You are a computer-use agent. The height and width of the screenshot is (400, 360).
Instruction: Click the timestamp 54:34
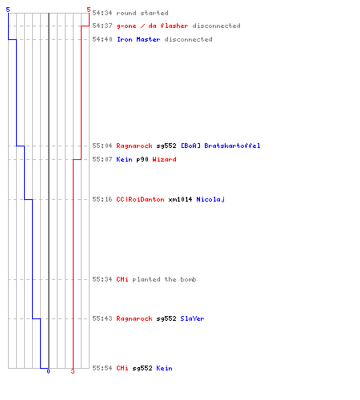tap(102, 13)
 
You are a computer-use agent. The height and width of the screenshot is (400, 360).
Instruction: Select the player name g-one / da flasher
tap(152, 26)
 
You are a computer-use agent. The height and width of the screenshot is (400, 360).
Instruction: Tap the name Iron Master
tap(138, 39)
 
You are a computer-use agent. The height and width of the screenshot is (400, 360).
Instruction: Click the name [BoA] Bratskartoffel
tap(221, 146)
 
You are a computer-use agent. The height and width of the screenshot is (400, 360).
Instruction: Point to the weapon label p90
tap(142, 159)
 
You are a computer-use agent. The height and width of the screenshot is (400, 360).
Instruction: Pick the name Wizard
tap(164, 159)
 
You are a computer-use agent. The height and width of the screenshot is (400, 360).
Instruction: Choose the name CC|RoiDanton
tap(140, 199)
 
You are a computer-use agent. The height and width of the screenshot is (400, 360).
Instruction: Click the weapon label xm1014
tap(180, 199)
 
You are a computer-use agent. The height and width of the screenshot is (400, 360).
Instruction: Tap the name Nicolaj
tap(210, 199)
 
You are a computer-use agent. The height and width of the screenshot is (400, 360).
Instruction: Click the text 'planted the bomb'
tap(164, 279)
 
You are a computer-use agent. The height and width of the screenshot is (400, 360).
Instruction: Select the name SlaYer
tap(192, 318)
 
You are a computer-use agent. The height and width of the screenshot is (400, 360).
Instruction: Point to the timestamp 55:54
tap(102, 368)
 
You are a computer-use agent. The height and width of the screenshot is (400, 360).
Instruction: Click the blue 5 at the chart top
tap(8, 10)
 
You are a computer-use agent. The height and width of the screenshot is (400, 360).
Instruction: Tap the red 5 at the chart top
tap(89, 10)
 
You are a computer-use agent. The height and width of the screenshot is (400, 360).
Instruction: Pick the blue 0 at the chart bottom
tap(48, 371)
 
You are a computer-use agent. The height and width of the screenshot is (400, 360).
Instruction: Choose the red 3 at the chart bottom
tap(73, 371)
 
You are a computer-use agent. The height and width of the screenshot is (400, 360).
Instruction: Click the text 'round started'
tap(142, 13)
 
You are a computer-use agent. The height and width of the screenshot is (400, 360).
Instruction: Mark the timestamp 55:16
tap(102, 199)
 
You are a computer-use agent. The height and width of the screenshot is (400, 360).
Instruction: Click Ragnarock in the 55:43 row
tap(134, 318)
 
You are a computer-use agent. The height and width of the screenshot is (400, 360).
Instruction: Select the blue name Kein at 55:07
tap(124, 159)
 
